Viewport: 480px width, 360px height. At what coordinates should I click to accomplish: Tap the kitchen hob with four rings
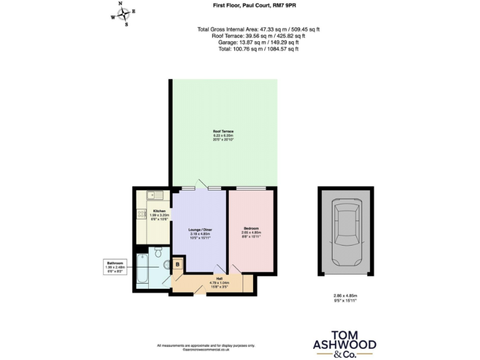pyautogui.click(x=140, y=215)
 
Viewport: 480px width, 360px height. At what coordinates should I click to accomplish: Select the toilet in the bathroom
pyautogui.click(x=157, y=252)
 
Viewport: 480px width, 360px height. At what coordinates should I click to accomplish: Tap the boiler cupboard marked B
pyautogui.click(x=177, y=264)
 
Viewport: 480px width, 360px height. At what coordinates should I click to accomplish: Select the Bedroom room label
pyautogui.click(x=251, y=229)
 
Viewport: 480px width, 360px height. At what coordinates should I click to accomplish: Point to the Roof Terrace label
pyautogui.click(x=222, y=131)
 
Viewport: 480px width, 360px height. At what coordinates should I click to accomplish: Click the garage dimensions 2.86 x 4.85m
pyautogui.click(x=345, y=295)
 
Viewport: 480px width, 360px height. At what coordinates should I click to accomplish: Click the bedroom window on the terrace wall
pyautogui.click(x=251, y=188)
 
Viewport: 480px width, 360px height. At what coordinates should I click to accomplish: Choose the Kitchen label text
pyautogui.click(x=159, y=211)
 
